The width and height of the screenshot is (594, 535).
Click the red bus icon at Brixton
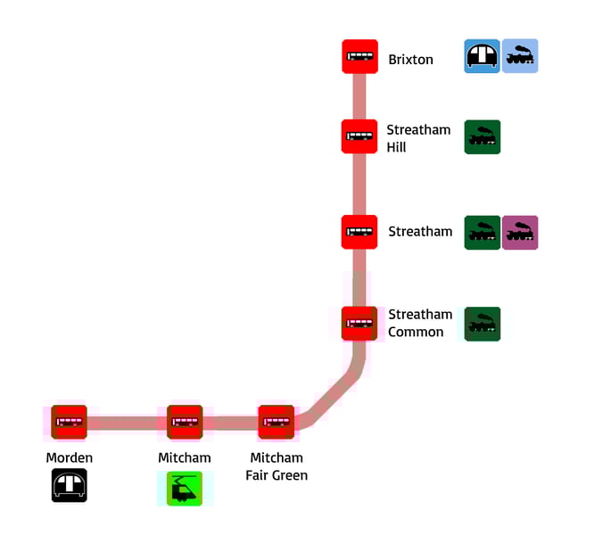pos(359,57)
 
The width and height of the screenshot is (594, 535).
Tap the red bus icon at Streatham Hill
pos(359,136)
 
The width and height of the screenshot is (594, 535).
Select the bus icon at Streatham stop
pos(359,232)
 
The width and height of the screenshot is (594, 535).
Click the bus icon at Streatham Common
pos(359,324)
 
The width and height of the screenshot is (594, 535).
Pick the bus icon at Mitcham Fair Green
pos(276,422)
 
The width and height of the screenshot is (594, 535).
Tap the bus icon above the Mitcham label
pos(185,422)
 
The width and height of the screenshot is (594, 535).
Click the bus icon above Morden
pos(69,422)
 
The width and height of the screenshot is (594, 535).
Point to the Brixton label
pos(410,60)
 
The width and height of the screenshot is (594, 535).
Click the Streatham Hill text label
pos(418,138)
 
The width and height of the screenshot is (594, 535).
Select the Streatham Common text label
pos(420,323)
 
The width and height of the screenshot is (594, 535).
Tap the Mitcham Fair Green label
pos(276,466)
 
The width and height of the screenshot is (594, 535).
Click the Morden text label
pos(69,458)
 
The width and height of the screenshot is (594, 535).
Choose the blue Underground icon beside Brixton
pos(483,56)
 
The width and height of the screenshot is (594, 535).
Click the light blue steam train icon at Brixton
pos(520,56)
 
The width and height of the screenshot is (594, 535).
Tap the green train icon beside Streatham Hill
pos(483,137)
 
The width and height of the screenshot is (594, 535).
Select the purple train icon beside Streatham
pos(520,233)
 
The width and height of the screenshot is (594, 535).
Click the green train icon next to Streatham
pos(483,233)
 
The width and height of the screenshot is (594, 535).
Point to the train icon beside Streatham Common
pos(483,325)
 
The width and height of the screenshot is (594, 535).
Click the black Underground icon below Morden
pos(69,486)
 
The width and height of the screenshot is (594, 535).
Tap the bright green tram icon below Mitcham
pos(185,489)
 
